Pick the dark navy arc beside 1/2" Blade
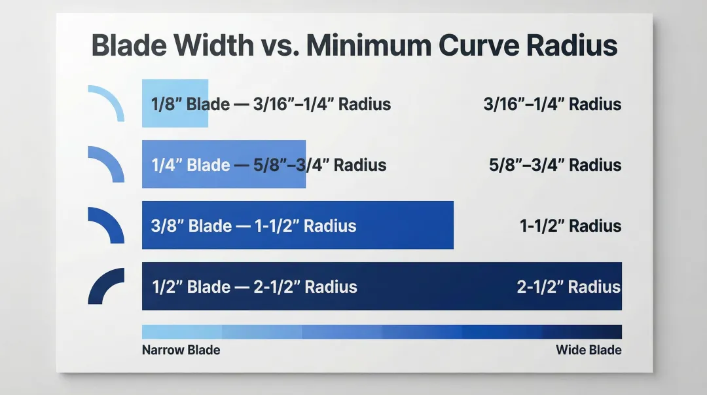[105, 285]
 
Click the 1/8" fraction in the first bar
[166, 104]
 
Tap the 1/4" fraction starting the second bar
[166, 164]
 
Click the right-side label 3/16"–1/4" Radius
[553, 104]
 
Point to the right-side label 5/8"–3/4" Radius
[555, 164]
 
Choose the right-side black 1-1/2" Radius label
[570, 226]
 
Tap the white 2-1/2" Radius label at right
[569, 287]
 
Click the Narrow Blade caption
[181, 350]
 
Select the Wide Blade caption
[589, 350]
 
